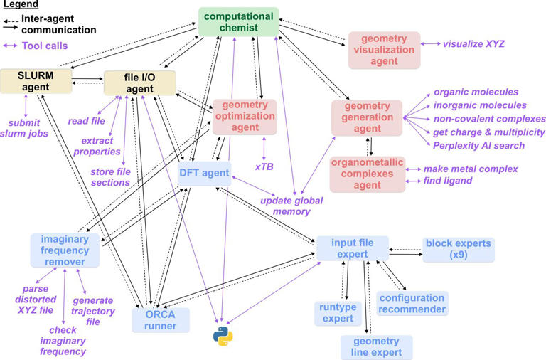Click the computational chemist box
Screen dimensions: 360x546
tap(238, 21)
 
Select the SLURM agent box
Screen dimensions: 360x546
tap(36, 81)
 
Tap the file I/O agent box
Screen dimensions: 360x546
tap(139, 81)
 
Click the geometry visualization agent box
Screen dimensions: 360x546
tap(384, 50)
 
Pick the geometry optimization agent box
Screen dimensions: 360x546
tap(244, 116)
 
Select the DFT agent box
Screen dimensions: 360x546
tap(204, 173)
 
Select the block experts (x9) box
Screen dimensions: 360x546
tap(457, 249)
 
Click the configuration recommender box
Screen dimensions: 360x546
tap(412, 303)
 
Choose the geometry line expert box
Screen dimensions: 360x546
tap(376, 346)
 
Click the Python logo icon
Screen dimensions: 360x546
tap(223, 337)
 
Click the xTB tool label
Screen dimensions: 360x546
tap(264, 166)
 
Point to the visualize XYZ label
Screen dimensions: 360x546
tap(473, 44)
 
